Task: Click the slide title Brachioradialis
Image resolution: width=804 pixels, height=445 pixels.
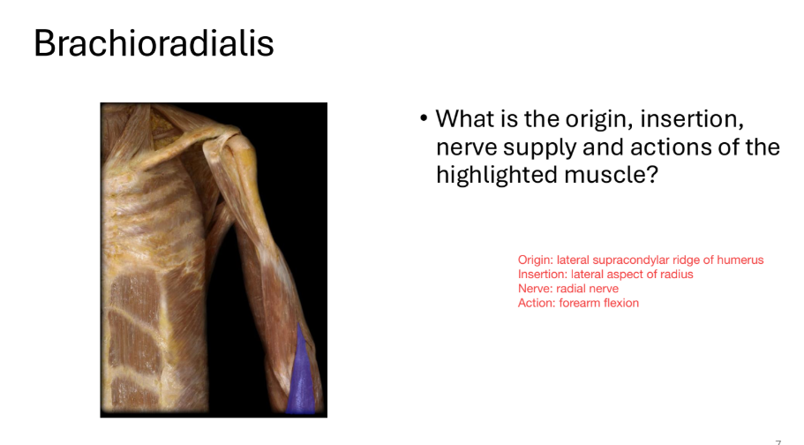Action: [154, 42]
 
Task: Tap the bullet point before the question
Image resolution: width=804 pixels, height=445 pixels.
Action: [424, 118]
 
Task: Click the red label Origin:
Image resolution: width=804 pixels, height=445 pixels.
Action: [535, 260]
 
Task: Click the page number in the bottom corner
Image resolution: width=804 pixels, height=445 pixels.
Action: [778, 441]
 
